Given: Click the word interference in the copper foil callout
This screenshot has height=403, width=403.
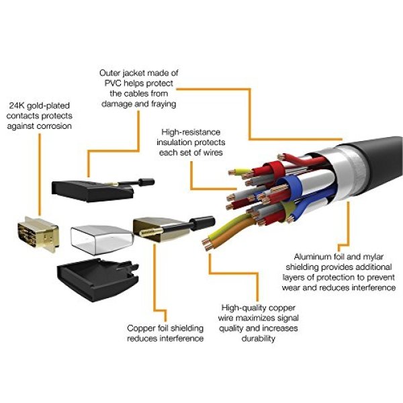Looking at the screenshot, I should [181, 339].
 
